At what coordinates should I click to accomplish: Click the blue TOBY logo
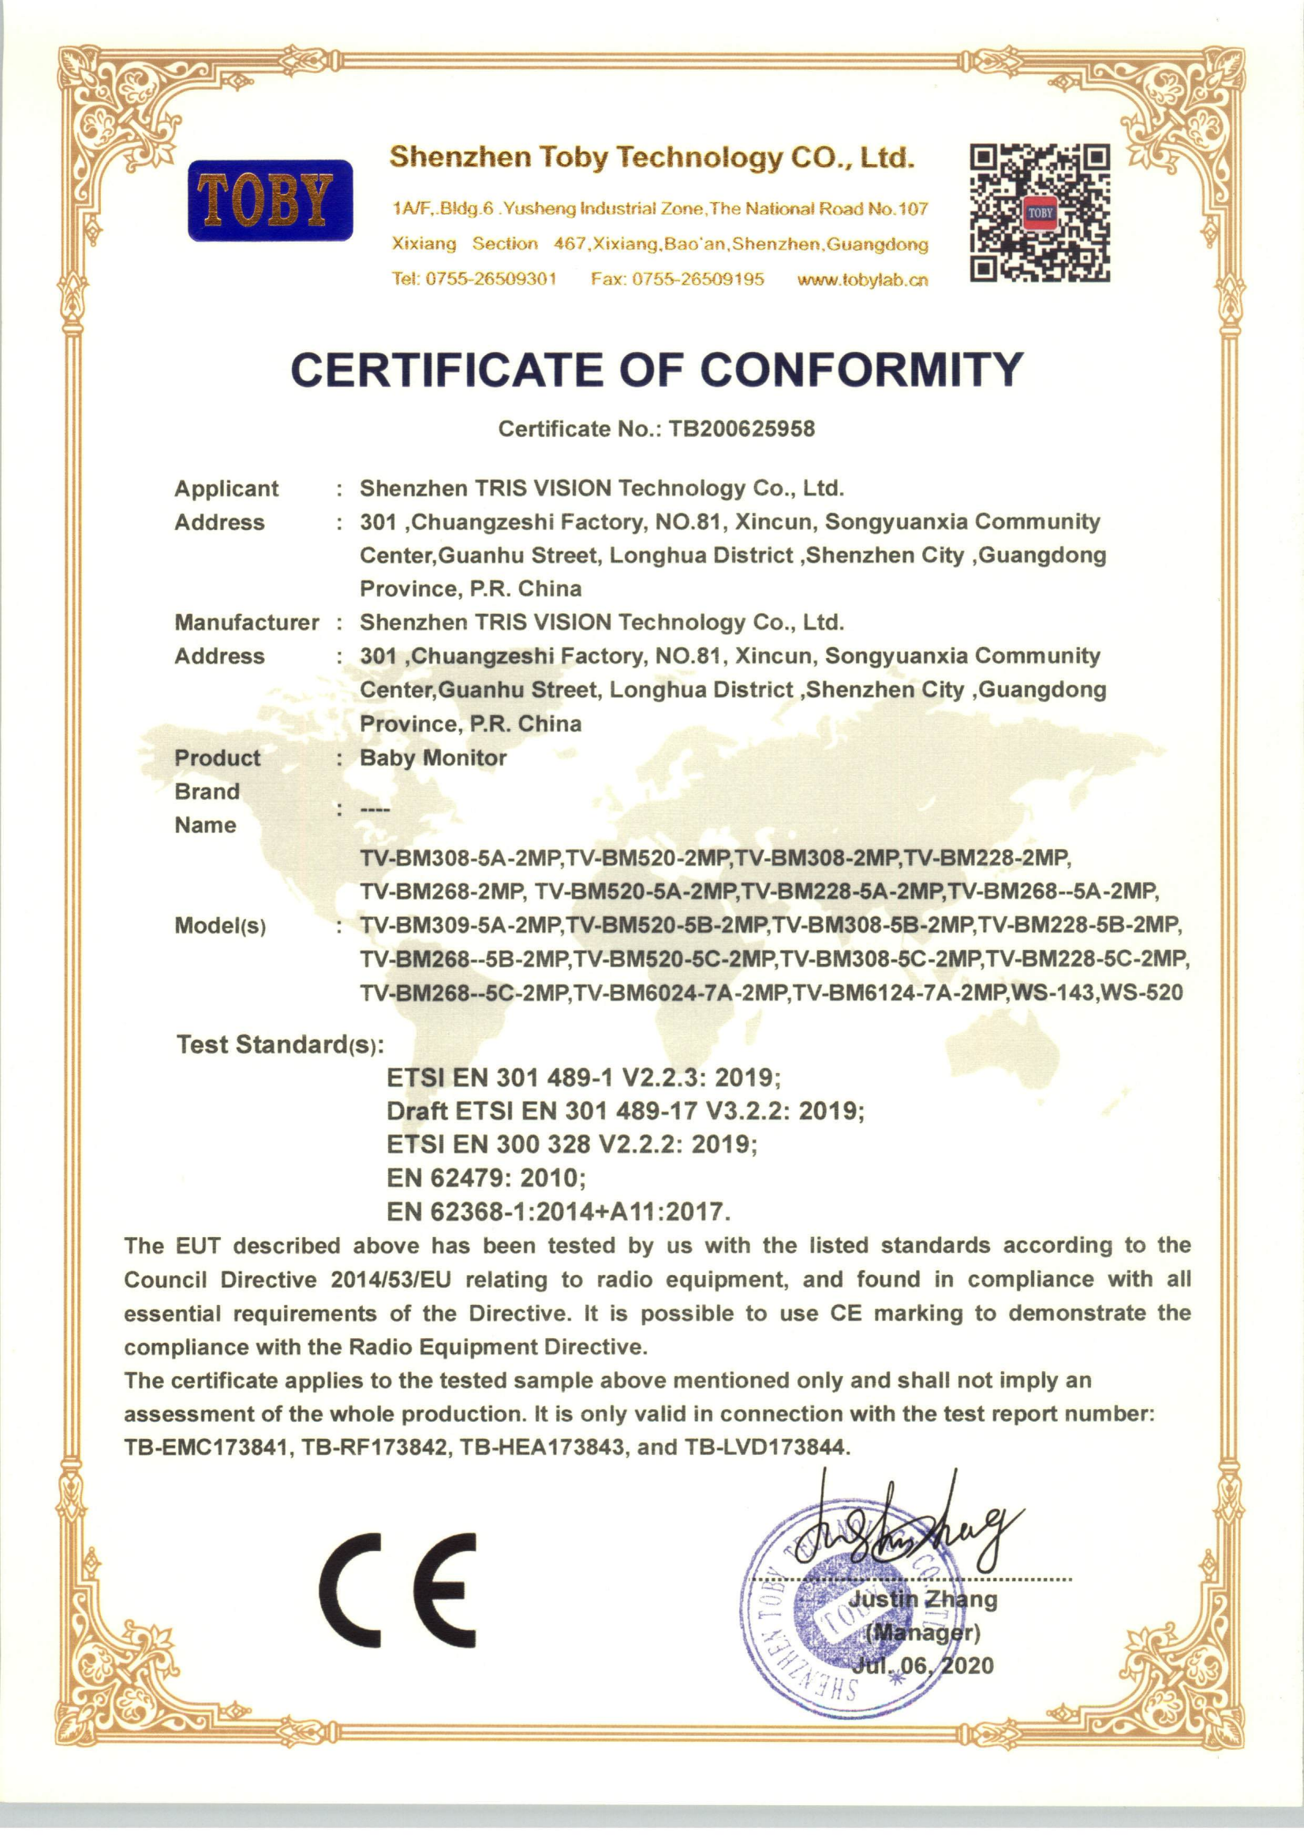tap(270, 200)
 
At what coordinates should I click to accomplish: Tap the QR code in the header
tap(1040, 212)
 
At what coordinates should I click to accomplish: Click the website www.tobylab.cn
tap(862, 279)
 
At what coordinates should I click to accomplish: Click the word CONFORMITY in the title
tap(861, 369)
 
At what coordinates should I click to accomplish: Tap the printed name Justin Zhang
tap(923, 1598)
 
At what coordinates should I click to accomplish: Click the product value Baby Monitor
tap(433, 757)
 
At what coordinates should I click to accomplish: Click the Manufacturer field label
tap(246, 622)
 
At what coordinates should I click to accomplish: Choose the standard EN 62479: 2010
tap(486, 1177)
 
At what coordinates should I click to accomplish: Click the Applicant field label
tap(226, 488)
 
